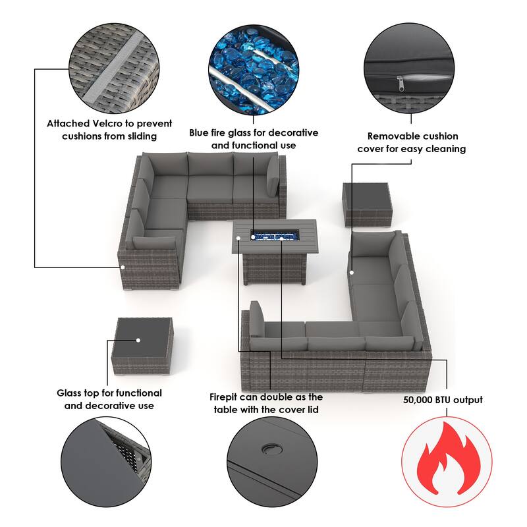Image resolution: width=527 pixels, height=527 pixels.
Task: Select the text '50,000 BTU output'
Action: click(443, 400)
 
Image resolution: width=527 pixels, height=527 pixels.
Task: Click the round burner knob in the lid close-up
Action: click(270, 451)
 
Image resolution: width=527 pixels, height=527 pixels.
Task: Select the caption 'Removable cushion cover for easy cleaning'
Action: click(412, 142)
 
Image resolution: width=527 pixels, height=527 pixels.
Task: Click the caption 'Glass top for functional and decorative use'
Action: click(109, 399)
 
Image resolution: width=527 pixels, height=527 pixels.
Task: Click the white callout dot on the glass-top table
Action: click(138, 340)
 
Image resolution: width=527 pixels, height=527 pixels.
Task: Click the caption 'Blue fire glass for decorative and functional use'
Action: click(254, 138)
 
